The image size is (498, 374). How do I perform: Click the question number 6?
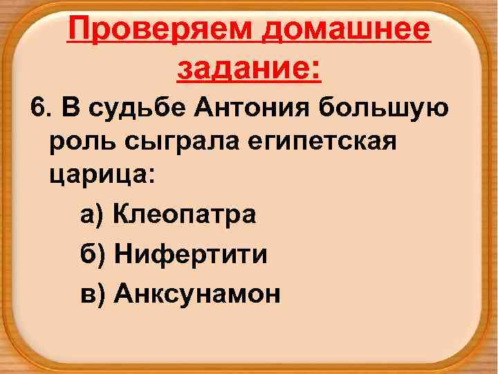pyautogui.click(x=37, y=109)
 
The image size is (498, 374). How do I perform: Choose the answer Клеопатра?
pyautogui.click(x=185, y=215)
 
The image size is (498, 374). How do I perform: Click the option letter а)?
pyautogui.click(x=91, y=215)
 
